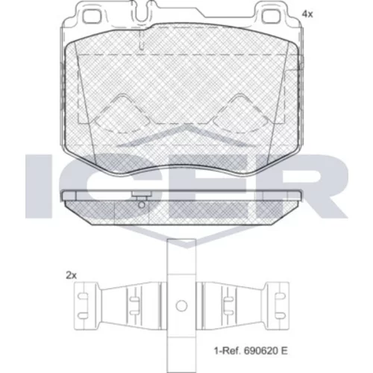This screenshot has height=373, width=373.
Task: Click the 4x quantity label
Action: (x=307, y=14)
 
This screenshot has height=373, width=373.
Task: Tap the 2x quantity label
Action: (x=71, y=275)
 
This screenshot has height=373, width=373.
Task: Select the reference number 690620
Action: (x=260, y=351)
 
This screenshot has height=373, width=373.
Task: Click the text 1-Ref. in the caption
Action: (x=228, y=351)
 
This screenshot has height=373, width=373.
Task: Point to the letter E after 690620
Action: (x=284, y=351)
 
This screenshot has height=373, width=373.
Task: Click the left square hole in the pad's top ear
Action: (x=90, y=16)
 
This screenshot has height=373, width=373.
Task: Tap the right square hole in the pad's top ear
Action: (x=272, y=16)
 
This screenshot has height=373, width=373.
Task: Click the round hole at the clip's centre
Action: (x=181, y=306)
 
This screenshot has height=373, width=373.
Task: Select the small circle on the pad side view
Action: (x=141, y=205)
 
